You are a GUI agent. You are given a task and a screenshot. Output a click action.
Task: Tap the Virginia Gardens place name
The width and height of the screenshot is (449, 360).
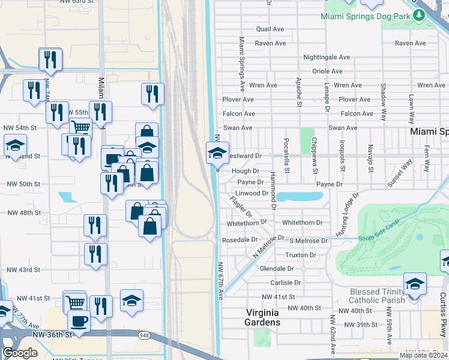pyautogui.click(x=263, y=317)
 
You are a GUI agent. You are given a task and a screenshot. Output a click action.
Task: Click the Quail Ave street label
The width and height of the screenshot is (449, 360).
pyautogui.click(x=270, y=29)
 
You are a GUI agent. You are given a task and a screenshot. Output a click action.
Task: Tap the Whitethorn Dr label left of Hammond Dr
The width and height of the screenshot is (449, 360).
pyautogui.click(x=247, y=223)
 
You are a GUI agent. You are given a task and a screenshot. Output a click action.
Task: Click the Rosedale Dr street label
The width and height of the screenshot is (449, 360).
pyautogui.click(x=240, y=239)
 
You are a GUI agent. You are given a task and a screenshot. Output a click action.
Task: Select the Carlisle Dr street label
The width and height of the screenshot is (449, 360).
pyautogui.click(x=285, y=282)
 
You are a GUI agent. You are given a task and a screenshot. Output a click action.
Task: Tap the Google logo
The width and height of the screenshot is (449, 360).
pyautogui.click(x=20, y=353)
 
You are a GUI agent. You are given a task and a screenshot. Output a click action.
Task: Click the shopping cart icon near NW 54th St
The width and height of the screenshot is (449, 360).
pyautogui.click(x=80, y=127)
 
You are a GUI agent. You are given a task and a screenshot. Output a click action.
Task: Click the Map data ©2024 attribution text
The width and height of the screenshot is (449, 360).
pyautogui.click(x=423, y=355)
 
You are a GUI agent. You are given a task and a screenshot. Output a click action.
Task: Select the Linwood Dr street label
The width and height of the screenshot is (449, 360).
pyautogui.click(x=252, y=193)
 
